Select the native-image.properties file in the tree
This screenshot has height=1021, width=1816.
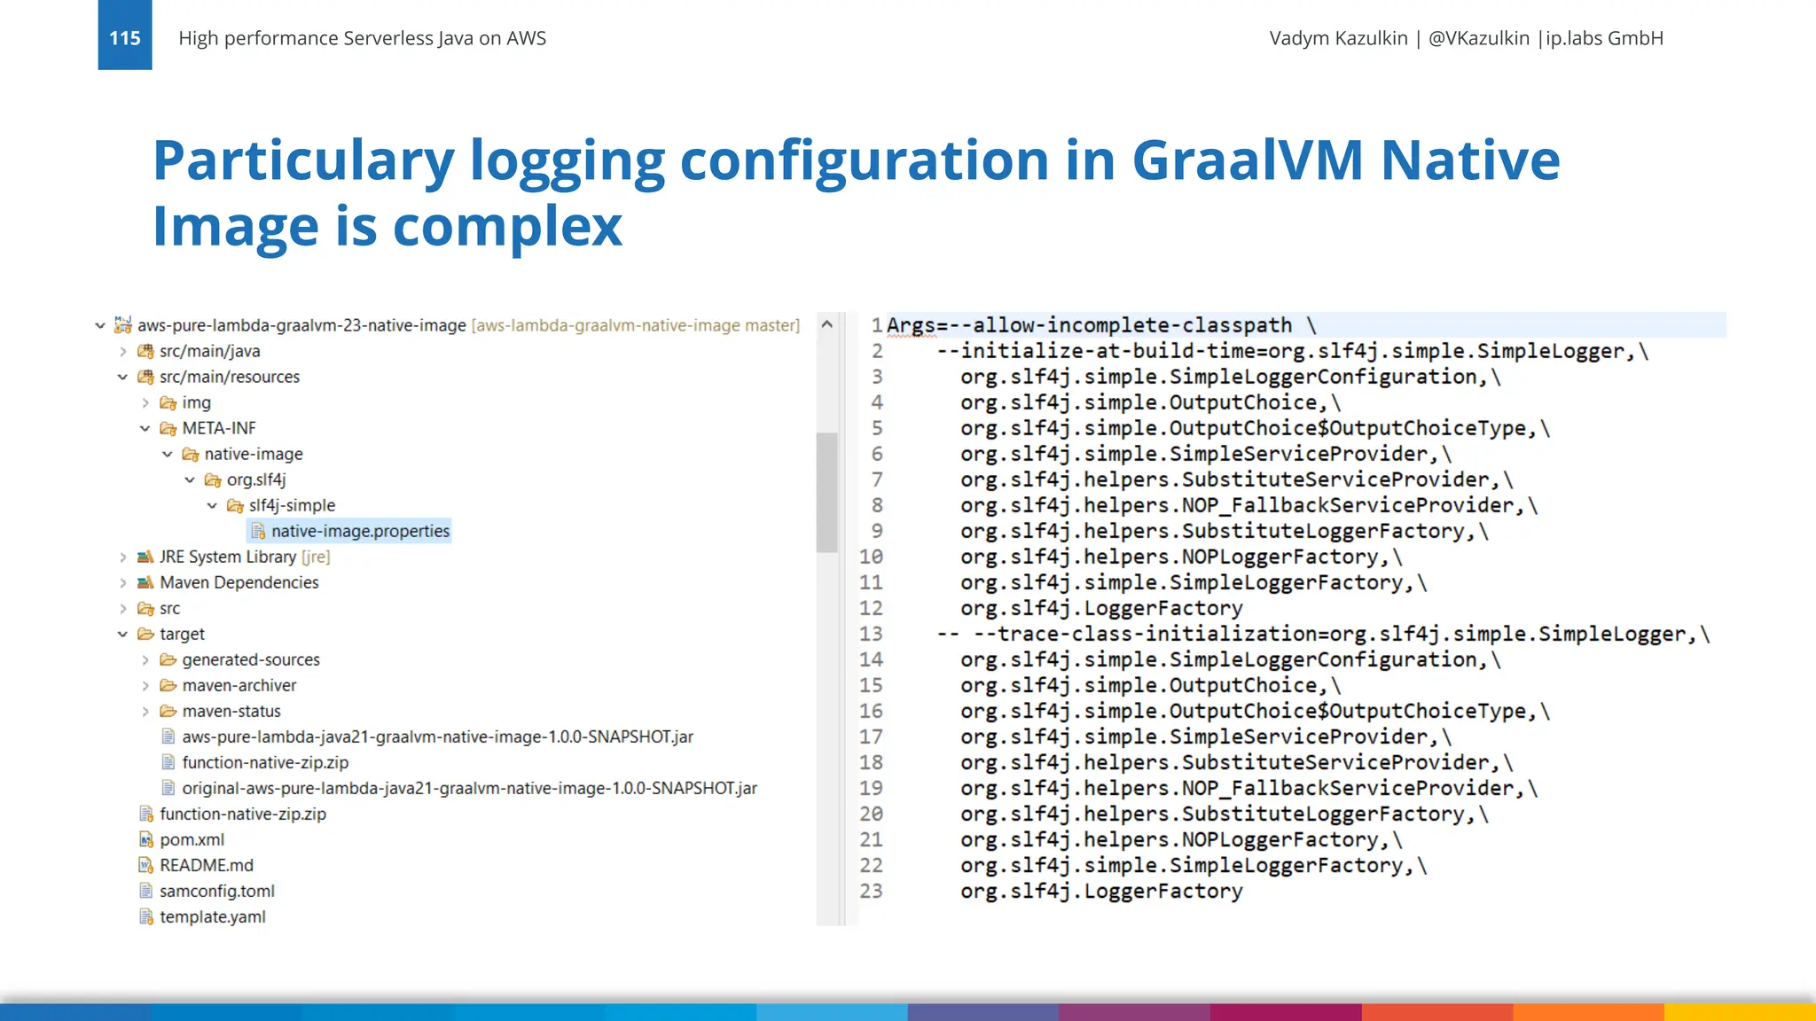360,531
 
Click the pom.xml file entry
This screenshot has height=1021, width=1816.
192,839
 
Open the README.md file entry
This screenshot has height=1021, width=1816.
206,865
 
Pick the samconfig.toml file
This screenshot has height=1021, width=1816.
216,891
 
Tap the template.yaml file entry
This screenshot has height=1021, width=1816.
212,916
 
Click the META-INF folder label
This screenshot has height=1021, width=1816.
218,428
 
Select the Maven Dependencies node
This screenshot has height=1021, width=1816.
239,582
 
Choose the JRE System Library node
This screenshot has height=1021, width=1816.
227,557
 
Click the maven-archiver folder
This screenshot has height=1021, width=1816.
239,685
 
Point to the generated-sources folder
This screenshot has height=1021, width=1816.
250,659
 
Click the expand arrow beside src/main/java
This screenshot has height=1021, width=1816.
123,352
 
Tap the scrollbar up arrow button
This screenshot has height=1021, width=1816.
826,324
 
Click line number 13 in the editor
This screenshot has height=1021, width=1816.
871,634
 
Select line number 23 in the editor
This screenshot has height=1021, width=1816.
871,891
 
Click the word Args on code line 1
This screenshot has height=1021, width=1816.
911,325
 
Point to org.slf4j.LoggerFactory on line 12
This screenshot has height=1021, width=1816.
1101,608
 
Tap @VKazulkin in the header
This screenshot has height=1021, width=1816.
1478,38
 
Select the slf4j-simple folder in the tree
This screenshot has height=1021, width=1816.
291,505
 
